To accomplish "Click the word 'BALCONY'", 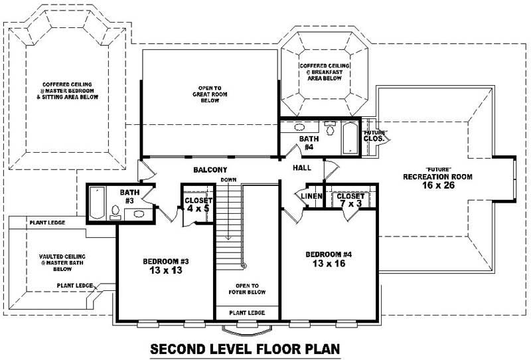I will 210,170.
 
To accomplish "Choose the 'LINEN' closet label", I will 311,197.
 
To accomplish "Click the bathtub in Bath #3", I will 97,204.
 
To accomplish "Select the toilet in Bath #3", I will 115,212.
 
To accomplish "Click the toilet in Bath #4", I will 330,128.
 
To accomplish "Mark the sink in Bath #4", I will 299,127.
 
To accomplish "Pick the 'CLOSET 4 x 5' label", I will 198,205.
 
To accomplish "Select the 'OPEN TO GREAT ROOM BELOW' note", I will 210,94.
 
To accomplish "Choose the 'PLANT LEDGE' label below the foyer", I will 247,312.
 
